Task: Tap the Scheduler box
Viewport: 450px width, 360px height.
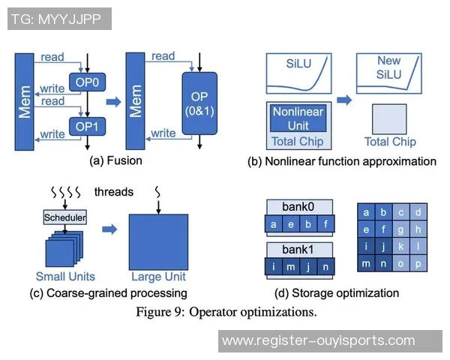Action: pos(65,217)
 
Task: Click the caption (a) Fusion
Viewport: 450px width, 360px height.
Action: pos(115,160)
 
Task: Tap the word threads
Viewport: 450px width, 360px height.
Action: pos(114,192)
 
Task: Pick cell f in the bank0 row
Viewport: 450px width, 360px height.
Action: pos(324,223)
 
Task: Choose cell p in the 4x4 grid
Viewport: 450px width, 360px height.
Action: pos(418,262)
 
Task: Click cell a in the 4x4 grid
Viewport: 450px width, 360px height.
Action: pos(366,212)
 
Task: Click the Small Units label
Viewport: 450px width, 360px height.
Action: pos(61,276)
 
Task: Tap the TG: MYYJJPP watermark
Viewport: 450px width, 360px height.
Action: pos(60,19)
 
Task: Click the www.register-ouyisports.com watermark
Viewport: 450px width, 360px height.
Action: pos(319,340)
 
